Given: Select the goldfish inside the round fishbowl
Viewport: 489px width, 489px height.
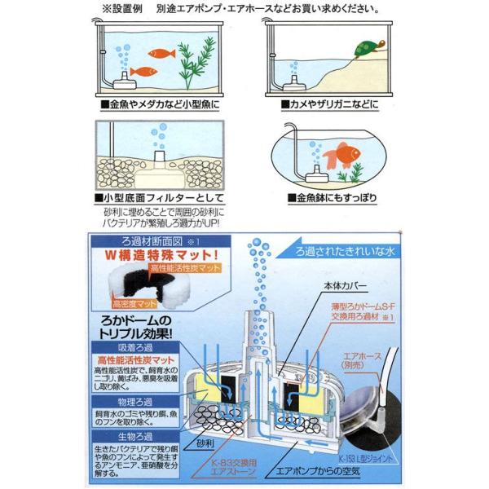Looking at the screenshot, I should pyautogui.click(x=338, y=156).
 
